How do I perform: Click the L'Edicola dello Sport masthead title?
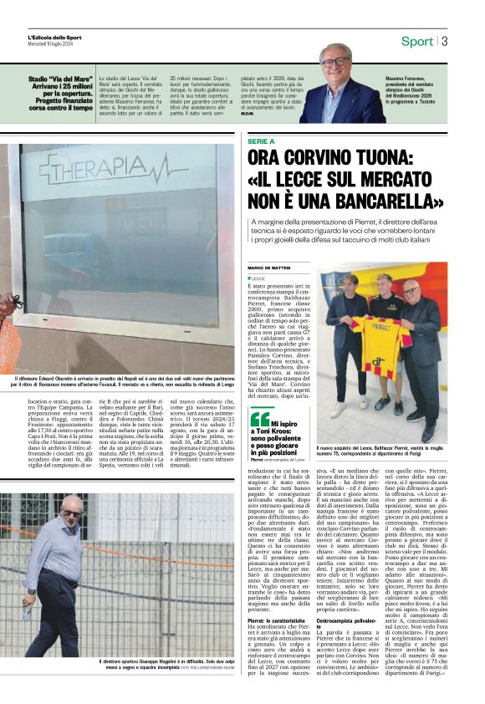coord(54,37)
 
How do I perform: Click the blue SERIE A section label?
coord(262,141)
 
